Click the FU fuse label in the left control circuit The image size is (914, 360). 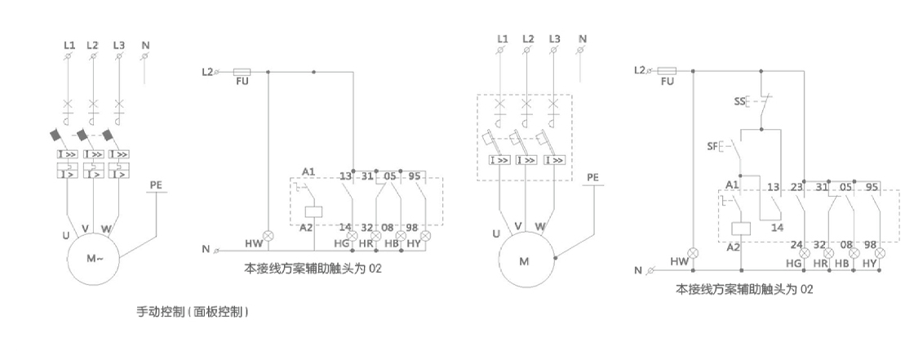coord(242,82)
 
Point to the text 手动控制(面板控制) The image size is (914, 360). coord(193,311)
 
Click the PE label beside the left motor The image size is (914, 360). coord(156,185)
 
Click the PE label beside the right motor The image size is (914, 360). coord(592,177)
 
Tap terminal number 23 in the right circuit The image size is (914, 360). coord(797,186)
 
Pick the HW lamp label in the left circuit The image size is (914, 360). coord(253,243)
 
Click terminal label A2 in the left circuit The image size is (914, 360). coord(307,228)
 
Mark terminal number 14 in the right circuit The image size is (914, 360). coord(777,228)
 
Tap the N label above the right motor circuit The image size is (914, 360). coord(581,38)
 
